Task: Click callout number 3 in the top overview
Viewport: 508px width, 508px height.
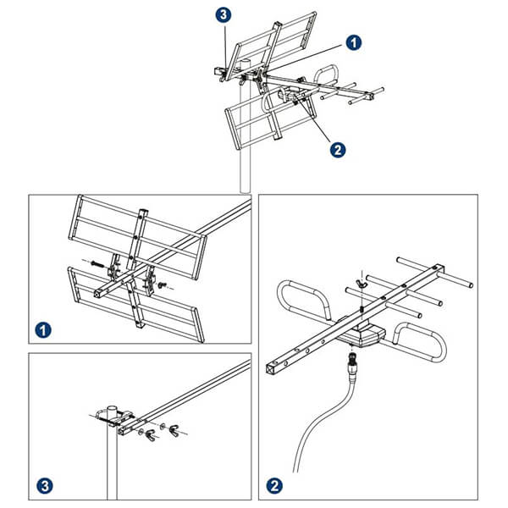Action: click(223, 15)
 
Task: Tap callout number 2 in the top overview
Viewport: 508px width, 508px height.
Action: click(337, 149)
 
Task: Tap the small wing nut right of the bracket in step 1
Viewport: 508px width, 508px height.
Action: click(166, 284)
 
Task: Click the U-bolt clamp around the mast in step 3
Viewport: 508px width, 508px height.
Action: click(108, 415)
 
